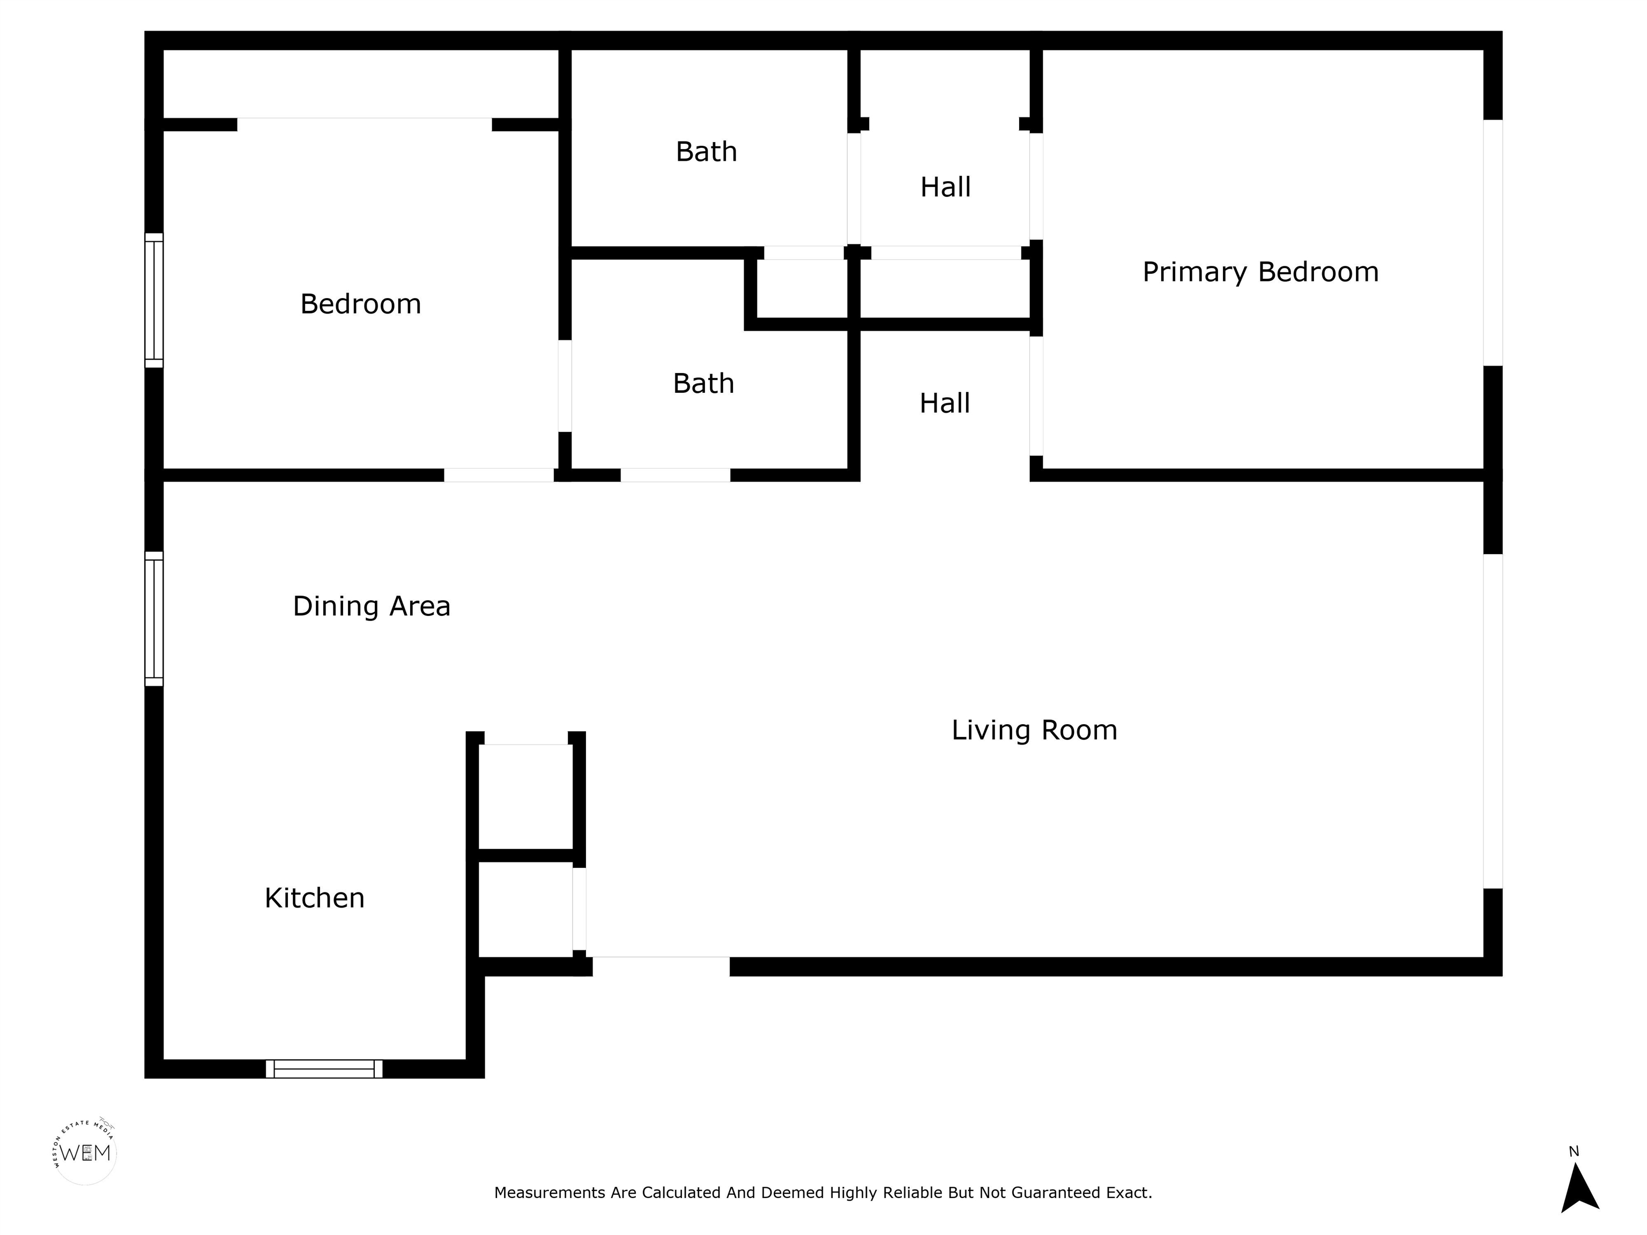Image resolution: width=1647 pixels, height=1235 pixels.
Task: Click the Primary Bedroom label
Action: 1260,272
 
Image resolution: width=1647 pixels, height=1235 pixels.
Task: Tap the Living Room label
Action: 1034,730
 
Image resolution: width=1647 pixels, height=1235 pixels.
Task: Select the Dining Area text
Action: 372,607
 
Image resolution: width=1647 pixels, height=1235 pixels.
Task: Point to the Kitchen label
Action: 315,898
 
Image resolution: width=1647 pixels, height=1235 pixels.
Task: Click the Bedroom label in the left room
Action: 360,304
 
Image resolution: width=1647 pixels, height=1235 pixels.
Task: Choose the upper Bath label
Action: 707,152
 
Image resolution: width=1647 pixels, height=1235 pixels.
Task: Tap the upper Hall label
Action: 946,187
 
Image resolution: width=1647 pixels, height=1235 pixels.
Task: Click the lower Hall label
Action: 945,404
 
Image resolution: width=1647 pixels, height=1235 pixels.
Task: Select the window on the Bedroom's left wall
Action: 154,300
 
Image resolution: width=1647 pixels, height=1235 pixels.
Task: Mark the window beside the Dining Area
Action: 154,619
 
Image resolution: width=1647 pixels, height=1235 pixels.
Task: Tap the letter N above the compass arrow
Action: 1574,1151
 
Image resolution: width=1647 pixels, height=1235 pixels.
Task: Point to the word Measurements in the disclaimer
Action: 551,1193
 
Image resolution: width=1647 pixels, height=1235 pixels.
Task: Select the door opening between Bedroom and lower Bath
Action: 565,386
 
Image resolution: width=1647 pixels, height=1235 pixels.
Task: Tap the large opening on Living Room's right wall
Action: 1493,721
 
